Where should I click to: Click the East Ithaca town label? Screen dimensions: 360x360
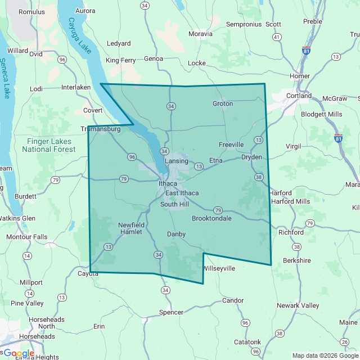[181, 193]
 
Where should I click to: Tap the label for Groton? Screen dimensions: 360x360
[223, 103]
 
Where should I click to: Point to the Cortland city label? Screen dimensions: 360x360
[299, 96]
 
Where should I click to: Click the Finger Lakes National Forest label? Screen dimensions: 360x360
[48, 145]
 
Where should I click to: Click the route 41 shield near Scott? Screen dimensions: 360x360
[276, 37]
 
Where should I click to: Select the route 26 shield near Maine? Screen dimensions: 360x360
[345, 341]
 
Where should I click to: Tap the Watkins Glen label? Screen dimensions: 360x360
[17, 218]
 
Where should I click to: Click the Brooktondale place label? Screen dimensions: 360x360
[211, 218]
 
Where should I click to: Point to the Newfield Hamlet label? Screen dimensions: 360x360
[131, 228]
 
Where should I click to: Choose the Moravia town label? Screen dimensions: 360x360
[201, 34]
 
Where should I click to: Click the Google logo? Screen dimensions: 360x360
[18, 353]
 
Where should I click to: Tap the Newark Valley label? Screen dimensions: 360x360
[298, 305]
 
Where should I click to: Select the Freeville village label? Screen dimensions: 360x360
[231, 145]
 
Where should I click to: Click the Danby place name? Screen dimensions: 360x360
[176, 233]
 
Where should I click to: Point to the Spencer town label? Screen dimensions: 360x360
[172, 312]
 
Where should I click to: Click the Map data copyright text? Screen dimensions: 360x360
[325, 355]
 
